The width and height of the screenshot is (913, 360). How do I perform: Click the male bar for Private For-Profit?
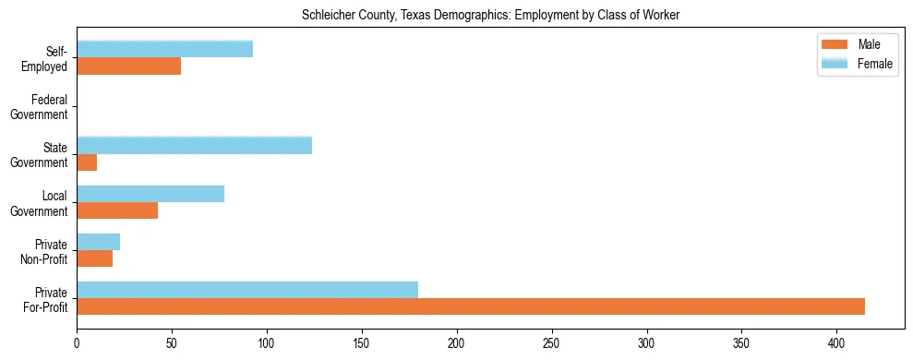tap(471, 306)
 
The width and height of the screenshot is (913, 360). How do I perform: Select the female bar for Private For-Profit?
tap(247, 290)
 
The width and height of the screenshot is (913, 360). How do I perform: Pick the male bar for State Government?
tap(87, 162)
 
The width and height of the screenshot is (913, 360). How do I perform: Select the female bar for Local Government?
tap(150, 194)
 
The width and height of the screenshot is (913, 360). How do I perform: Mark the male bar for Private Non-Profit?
tap(94, 258)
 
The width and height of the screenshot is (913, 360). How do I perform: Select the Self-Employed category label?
tap(47, 58)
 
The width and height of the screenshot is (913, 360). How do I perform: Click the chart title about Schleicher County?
tap(490, 16)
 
